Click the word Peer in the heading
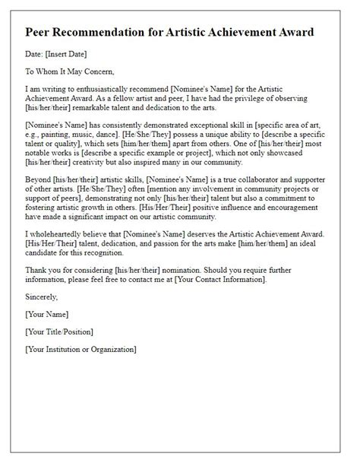[x=40, y=33]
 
